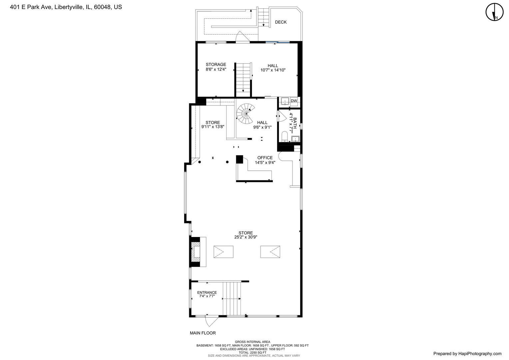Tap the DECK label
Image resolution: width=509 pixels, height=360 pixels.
point(280,22)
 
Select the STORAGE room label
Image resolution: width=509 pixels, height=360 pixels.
point(216,65)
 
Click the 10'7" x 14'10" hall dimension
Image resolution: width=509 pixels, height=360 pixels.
point(273,70)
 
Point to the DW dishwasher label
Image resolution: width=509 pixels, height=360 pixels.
point(294,101)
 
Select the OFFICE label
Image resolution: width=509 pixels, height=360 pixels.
point(265,158)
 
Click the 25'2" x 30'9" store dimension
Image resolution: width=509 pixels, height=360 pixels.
point(246,237)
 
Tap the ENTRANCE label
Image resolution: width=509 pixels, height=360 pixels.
point(207,293)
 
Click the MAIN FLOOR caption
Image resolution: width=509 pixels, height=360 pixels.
point(203,333)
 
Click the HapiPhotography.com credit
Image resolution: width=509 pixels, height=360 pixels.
point(467,354)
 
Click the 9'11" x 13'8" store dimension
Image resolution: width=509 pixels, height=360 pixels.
point(213,127)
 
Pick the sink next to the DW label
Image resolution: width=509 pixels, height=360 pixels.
point(285,101)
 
